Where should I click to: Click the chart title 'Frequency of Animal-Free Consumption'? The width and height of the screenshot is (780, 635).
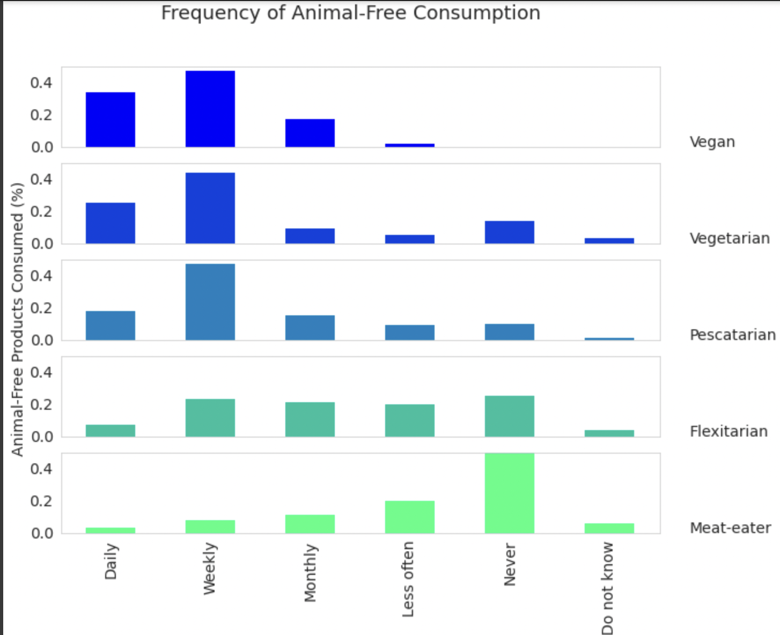pos(350,13)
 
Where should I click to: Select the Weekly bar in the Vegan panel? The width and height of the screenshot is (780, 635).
pos(210,109)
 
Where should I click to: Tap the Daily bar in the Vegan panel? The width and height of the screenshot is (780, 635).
pos(111,120)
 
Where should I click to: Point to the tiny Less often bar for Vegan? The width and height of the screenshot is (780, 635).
pos(409,145)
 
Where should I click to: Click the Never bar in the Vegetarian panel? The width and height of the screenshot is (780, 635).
pos(509,232)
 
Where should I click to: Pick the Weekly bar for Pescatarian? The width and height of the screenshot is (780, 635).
pos(210,302)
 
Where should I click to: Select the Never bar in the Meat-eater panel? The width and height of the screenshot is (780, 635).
pos(509,493)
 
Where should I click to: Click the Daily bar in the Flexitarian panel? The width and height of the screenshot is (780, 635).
pos(111,431)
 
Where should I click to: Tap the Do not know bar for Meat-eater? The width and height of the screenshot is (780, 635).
pos(609,528)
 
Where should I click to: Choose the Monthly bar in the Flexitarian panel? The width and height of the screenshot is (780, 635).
pos(310,419)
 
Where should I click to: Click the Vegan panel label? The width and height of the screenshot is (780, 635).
pos(712,142)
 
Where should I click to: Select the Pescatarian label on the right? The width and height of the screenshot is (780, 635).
pos(732,335)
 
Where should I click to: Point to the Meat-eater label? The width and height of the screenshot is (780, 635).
pos(730,528)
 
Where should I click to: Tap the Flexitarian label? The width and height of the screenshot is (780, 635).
pos(729,432)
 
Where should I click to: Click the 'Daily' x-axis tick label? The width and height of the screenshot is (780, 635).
pos(111,562)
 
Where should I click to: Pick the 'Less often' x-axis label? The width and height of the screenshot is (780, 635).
pos(408,579)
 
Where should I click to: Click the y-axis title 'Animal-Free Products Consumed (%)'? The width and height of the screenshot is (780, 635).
pos(18,320)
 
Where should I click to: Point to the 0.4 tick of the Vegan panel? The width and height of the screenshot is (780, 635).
pos(41,83)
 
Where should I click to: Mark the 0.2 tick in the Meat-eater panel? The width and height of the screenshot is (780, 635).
pos(41,501)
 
